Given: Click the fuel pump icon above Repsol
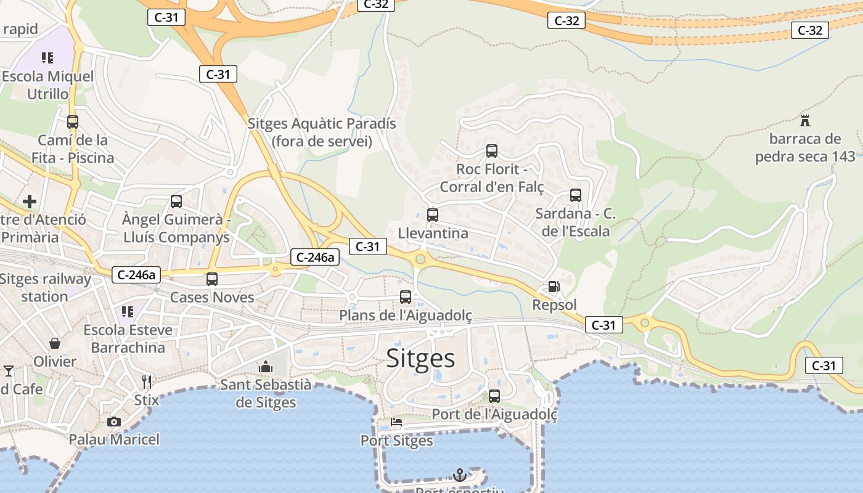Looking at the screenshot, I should [554, 287].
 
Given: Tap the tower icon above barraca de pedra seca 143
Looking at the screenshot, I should [804, 120].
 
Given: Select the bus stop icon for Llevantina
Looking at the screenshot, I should [433, 215].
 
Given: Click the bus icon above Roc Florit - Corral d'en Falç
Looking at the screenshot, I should [492, 150].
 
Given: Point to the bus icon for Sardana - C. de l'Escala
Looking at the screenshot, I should [576, 195].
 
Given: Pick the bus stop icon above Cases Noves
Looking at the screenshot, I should [212, 279].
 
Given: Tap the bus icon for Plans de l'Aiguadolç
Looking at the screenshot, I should [406, 297].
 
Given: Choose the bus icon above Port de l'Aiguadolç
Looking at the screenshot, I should [494, 396].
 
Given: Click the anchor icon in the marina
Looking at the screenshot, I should [459, 475].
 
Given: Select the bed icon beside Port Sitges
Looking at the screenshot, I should [396, 423].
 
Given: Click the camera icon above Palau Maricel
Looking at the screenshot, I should [113, 422].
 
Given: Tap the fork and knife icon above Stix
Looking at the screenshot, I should [147, 382].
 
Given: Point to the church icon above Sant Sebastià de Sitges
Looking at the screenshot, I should [266, 367].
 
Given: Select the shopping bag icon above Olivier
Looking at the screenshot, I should [55, 343].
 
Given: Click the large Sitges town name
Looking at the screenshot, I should [420, 358].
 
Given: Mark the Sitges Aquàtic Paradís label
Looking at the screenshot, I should [322, 132].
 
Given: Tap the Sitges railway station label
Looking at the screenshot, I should [45, 287].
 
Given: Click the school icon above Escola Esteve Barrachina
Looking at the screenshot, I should [128, 312].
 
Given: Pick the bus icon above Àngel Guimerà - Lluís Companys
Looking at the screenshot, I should [176, 201].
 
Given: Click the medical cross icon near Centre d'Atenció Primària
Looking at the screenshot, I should [30, 202].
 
